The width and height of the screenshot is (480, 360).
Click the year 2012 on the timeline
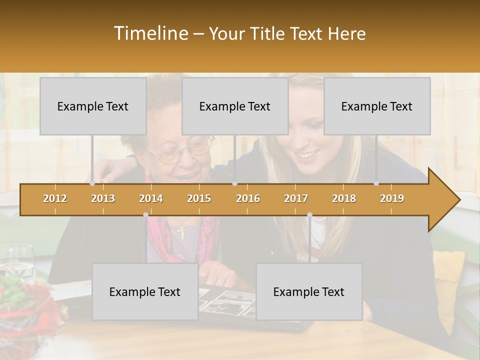55,198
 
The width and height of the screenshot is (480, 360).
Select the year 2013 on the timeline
103,198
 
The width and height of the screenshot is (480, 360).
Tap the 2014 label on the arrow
151,198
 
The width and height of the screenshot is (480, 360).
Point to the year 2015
199,198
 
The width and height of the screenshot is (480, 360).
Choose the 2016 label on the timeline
248,198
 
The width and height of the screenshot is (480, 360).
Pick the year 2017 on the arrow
296,198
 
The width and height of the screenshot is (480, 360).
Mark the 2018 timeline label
344,198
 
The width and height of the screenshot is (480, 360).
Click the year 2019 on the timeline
392,198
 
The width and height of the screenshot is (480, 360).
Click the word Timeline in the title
150,33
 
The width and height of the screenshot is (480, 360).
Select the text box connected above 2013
93,106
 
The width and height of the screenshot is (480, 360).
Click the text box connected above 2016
235,106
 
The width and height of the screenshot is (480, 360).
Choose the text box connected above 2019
377,106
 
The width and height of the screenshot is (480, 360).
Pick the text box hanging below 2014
145,291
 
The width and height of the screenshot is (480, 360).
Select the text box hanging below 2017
309,291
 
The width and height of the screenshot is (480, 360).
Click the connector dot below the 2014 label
145,214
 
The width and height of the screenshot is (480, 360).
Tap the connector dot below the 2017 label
309,214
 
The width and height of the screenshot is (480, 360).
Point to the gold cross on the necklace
182,232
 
